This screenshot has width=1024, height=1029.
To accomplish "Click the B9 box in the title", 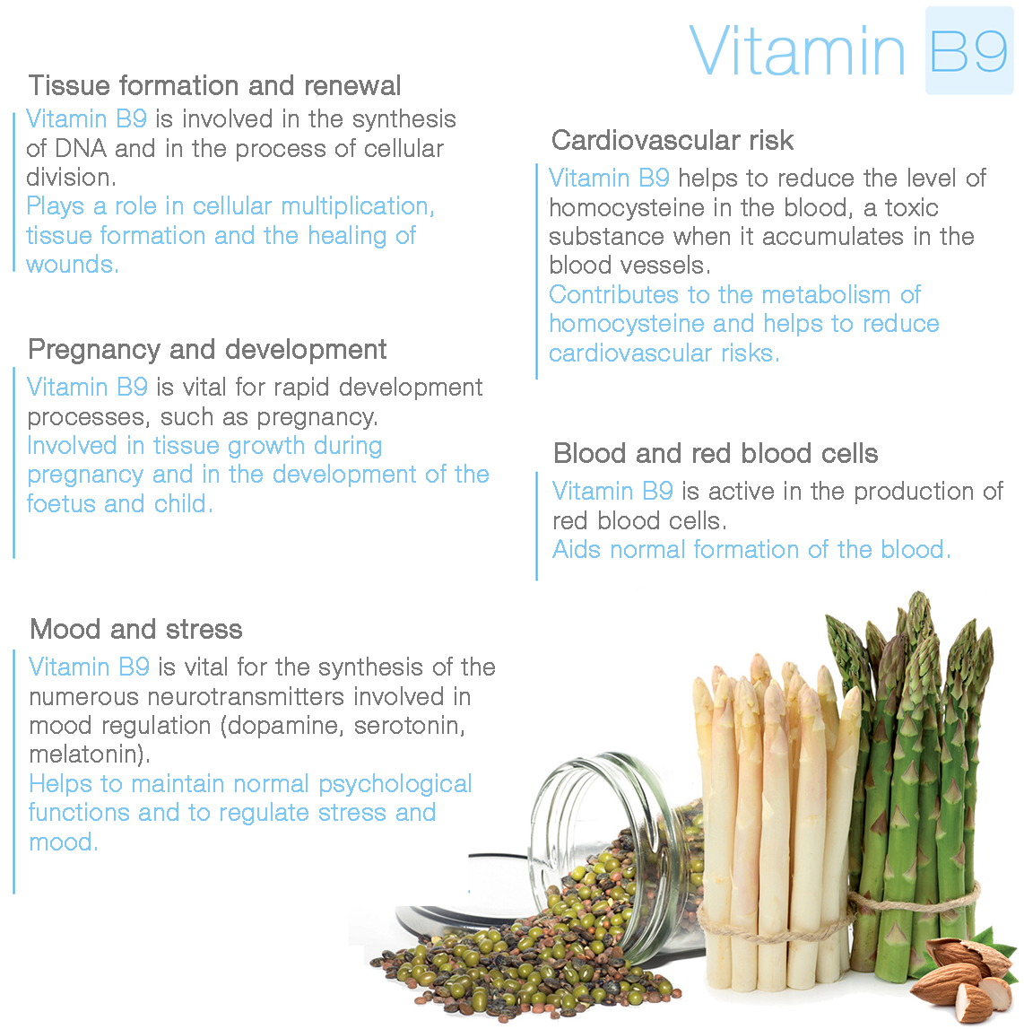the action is [969, 50].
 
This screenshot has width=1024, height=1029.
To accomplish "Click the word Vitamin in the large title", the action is [797, 51].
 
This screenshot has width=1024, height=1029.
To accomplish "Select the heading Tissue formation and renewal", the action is [214, 86].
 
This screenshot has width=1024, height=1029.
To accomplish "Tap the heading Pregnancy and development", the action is [207, 350].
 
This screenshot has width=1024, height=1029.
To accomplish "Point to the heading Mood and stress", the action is [136, 630].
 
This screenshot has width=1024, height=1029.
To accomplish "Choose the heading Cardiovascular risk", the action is [673, 140].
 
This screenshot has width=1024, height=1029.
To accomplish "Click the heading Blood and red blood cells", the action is [716, 453].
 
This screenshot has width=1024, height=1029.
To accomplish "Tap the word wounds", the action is [71, 266].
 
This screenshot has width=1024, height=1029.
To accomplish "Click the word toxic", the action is [911, 208].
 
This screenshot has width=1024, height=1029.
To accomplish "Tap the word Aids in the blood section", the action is [577, 549].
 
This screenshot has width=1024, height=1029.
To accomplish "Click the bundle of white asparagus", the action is [774, 820].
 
